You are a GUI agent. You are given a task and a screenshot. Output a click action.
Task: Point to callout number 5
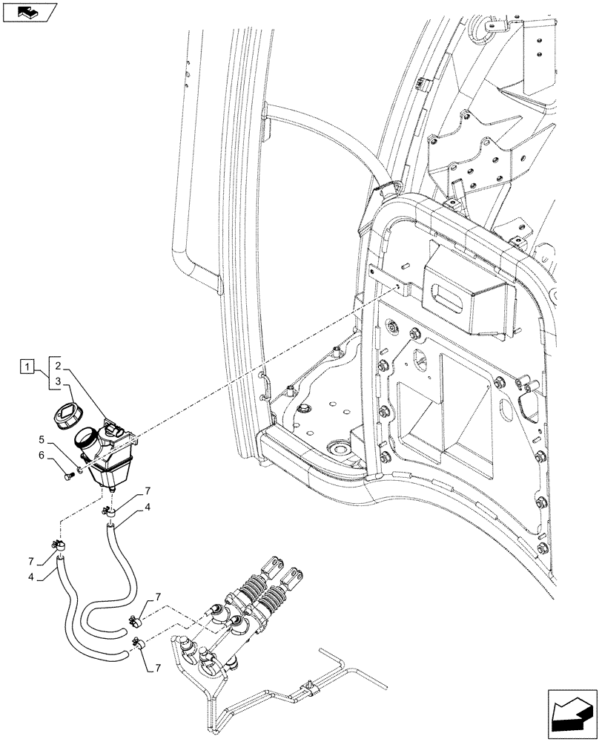point(42,439)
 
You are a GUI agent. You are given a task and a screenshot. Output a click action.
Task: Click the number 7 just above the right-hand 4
point(148,491)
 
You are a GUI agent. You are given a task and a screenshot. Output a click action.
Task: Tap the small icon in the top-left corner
point(30,12)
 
